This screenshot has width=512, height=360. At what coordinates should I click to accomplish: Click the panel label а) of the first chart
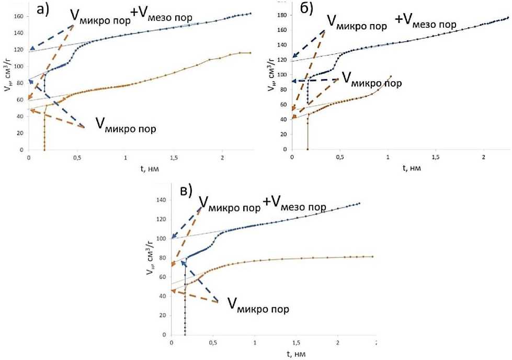(x=51, y=11)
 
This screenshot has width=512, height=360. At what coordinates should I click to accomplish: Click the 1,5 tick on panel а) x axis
(x=174, y=157)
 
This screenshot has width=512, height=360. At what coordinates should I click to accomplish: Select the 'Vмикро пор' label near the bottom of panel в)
(x=258, y=305)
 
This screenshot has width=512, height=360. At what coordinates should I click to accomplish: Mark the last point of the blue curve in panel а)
(x=250, y=14)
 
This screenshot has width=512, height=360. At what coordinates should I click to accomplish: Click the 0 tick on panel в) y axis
(x=164, y=334)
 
